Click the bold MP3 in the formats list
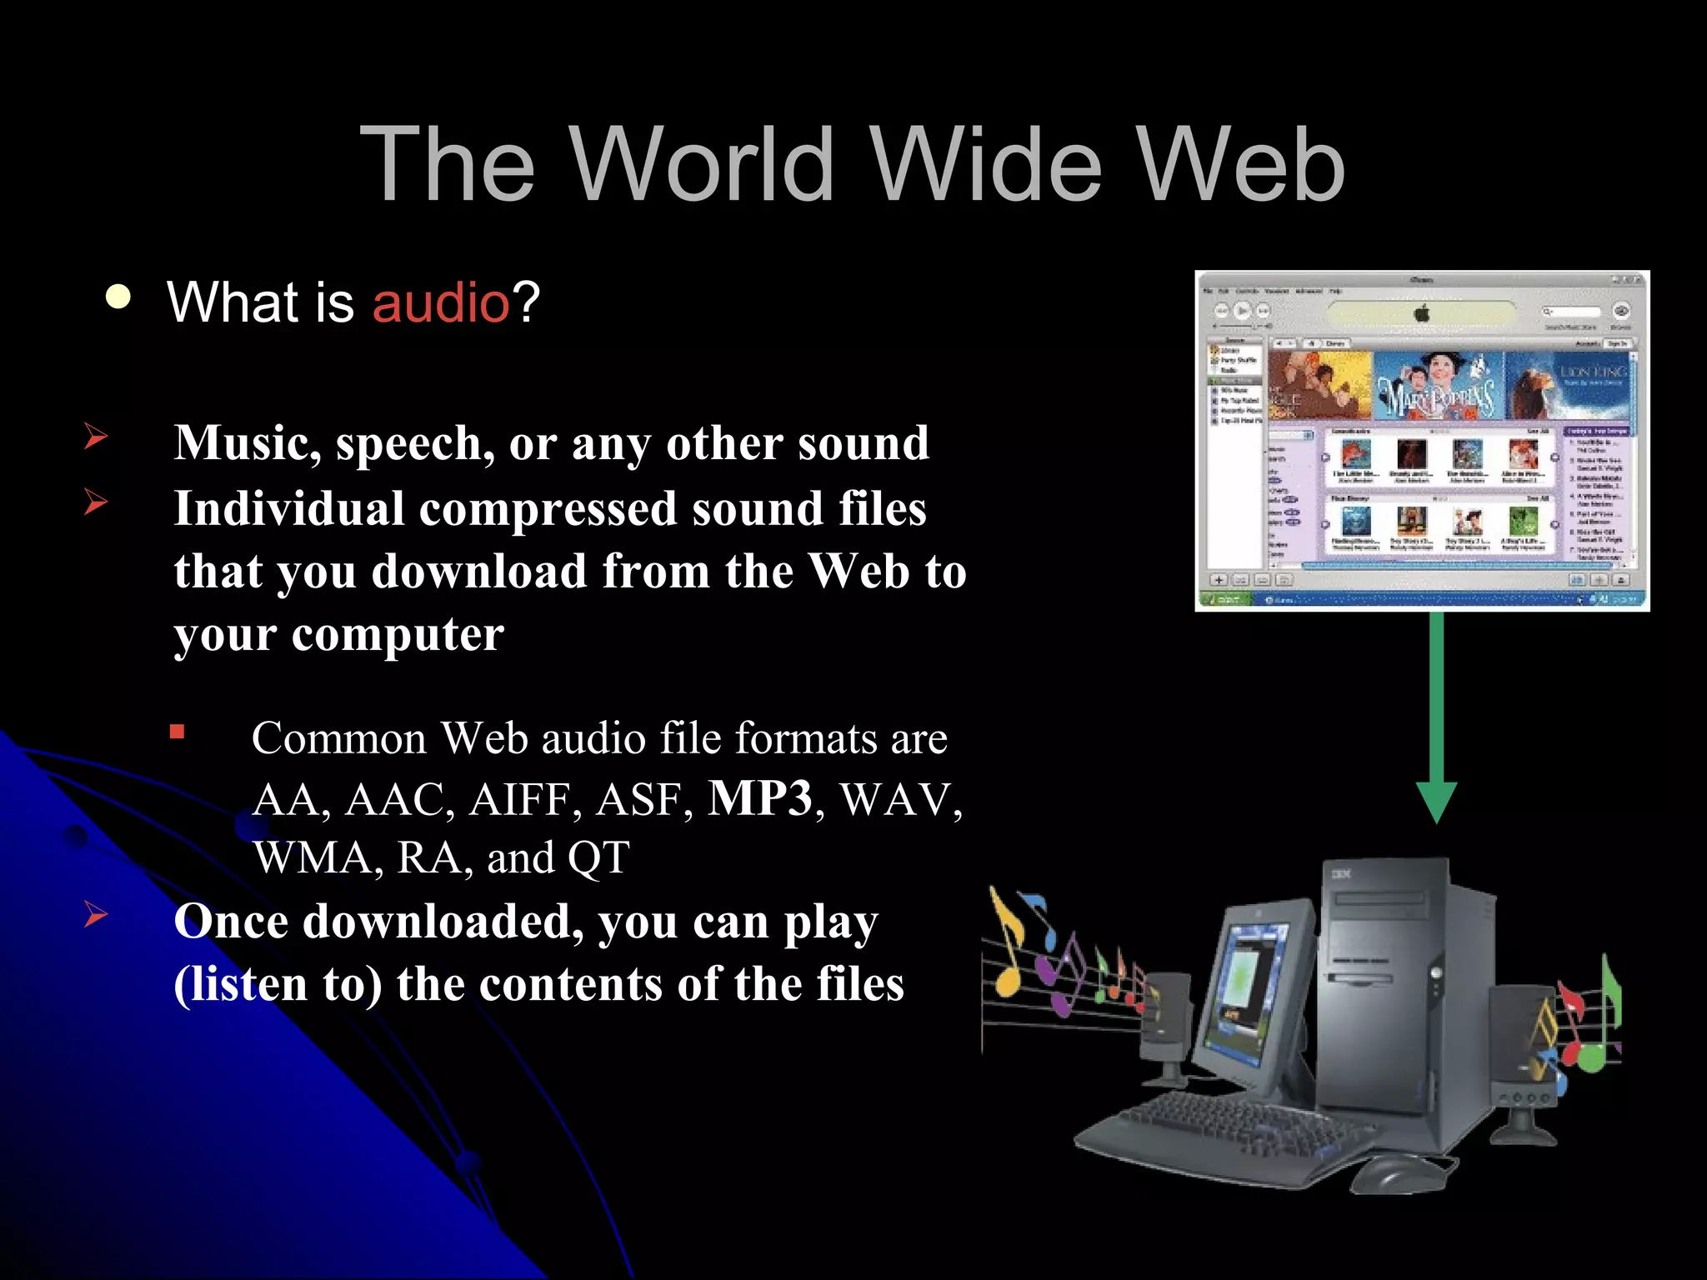click(759, 798)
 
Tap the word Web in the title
click(1241, 164)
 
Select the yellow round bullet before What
click(118, 297)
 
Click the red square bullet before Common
click(177, 732)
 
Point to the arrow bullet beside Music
click(96, 436)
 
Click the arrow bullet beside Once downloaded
click(96, 914)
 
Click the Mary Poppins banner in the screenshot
click(1438, 386)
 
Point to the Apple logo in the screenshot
click(1422, 313)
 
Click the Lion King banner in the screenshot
click(1567, 386)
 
